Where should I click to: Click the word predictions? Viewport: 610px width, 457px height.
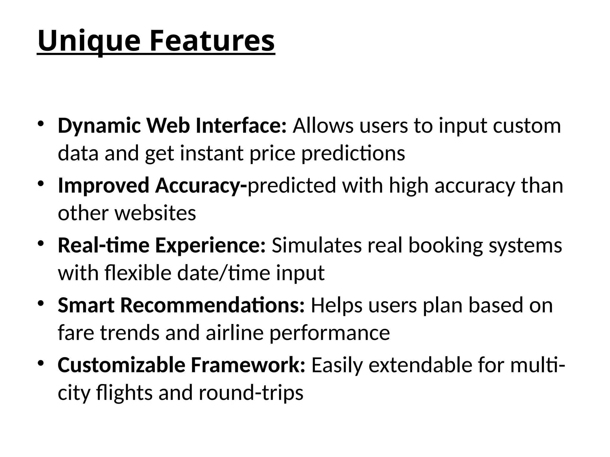point(353,154)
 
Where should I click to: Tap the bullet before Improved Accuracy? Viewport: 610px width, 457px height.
point(41,183)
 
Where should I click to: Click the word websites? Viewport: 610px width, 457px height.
point(155,213)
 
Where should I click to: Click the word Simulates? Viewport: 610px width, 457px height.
point(316,245)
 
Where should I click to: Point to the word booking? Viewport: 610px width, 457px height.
point(445,245)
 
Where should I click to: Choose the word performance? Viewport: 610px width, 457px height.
point(329,333)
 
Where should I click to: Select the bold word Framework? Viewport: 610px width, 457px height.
point(248,365)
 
